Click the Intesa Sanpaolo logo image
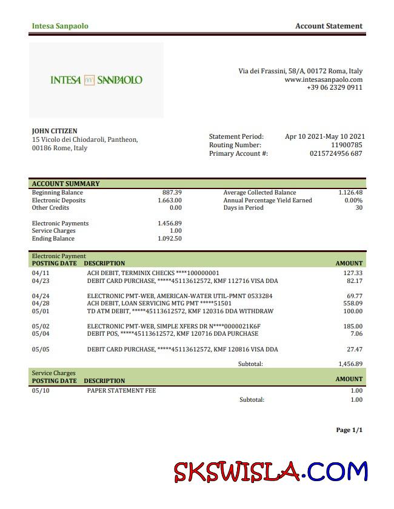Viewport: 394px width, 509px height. pos(96,80)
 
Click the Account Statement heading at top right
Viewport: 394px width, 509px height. pos(329,26)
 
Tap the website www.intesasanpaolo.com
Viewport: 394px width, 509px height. pos(323,79)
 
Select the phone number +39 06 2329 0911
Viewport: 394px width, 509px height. pos(335,87)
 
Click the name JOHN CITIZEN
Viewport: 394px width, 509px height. pos(55,131)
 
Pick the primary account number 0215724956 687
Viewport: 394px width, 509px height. pos(336,153)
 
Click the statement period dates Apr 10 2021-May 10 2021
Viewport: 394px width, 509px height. pos(325,136)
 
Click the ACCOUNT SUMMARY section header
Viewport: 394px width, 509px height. pos(65,184)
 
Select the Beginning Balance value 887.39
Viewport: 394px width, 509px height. pos(172,193)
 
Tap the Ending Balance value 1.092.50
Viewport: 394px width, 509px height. pos(170,238)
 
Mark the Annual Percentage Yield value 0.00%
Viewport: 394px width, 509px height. pos(353,200)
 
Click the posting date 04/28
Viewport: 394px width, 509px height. pos(40,303)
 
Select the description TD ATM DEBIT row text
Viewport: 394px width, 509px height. pos(180,311)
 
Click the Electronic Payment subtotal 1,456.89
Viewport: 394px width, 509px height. pos(350,364)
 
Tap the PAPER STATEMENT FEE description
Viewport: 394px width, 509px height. pos(121,391)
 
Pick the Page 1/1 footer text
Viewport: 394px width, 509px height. pos(349,430)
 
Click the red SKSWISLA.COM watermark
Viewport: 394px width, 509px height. pos(270,471)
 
